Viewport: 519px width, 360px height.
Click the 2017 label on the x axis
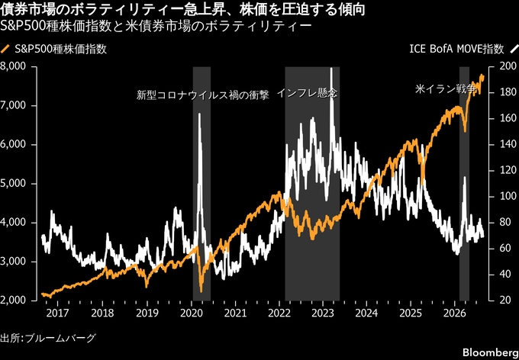click(57, 313)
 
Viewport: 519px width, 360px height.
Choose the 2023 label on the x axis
click(322, 313)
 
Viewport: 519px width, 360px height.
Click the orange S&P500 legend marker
click(5, 50)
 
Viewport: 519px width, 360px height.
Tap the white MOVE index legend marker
click(514, 50)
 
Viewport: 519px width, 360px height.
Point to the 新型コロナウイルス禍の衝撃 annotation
click(203, 95)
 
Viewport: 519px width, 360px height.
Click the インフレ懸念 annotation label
click(307, 93)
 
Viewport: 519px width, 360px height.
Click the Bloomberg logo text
click(491, 352)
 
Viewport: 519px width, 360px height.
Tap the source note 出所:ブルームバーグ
click(48, 338)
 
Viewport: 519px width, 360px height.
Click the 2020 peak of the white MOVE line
click(199, 114)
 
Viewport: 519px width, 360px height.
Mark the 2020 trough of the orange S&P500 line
click(201, 291)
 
